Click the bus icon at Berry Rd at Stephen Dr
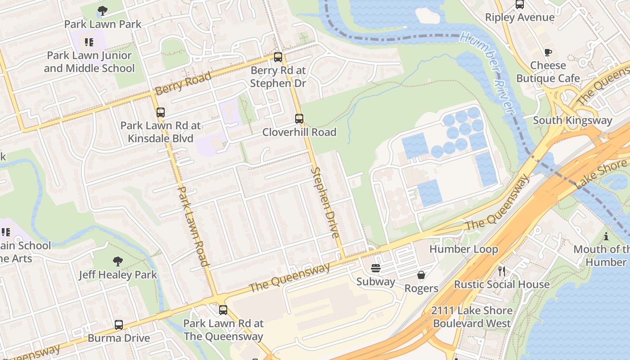click(278, 57)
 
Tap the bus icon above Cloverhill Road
click(299, 119)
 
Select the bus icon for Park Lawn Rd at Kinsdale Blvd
click(161, 112)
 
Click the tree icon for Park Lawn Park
click(103, 10)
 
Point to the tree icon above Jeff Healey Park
click(118, 261)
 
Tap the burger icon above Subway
click(376, 269)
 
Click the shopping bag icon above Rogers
click(421, 275)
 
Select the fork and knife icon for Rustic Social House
click(502, 271)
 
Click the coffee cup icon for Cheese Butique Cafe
click(548, 52)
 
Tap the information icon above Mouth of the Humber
click(606, 236)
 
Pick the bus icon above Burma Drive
click(119, 324)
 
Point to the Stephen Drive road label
click(324, 202)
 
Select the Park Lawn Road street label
click(193, 226)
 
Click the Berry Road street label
click(183, 84)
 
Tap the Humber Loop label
click(463, 249)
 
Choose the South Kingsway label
click(572, 120)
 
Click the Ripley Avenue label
click(520, 18)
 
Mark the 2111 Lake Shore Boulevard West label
click(472, 317)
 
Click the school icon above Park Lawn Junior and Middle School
click(89, 42)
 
